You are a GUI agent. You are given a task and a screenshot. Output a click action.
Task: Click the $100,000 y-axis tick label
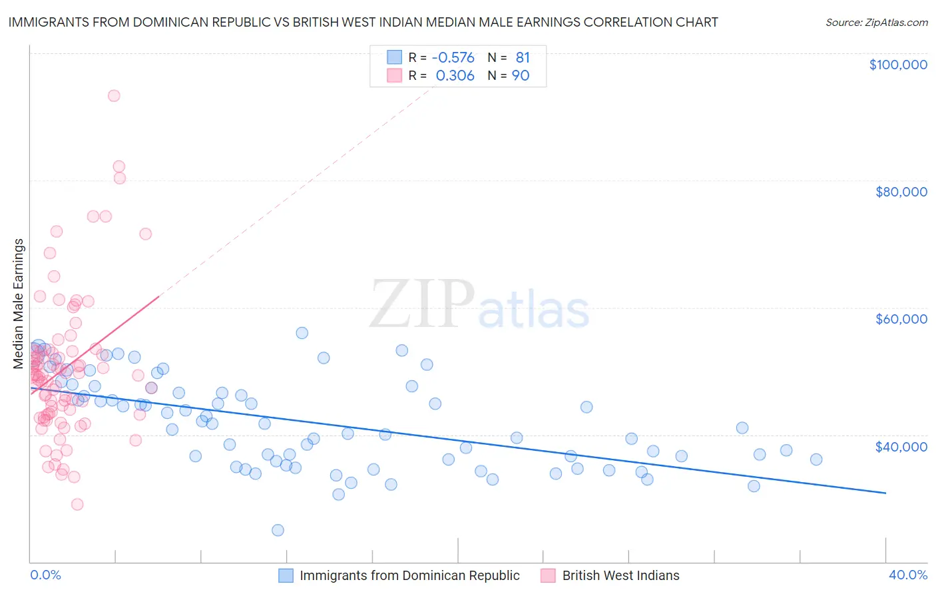point(897,65)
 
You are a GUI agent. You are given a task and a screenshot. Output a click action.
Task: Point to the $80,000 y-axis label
point(901,192)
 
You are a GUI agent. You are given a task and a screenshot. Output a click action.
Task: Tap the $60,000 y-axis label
point(901,319)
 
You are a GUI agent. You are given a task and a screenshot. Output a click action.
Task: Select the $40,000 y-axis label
point(901,446)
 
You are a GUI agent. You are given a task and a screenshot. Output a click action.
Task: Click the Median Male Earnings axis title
point(19,304)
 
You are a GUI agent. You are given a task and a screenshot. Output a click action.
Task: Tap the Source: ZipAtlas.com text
point(876,23)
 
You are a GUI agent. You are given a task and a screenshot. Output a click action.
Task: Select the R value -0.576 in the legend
point(453,58)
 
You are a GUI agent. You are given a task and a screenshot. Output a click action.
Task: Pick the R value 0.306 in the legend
point(455,76)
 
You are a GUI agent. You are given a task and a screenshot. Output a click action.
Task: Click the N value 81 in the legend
point(522,58)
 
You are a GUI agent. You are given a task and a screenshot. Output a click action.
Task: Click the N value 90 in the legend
point(520,76)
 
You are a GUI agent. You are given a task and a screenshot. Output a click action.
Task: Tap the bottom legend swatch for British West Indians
point(548,575)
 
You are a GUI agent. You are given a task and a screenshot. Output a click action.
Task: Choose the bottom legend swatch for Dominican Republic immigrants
point(286,575)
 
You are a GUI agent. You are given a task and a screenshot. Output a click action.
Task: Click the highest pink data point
point(114,96)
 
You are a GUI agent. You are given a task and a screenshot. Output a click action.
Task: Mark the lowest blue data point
point(278,530)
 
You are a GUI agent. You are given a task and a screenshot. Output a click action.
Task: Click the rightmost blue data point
point(816,459)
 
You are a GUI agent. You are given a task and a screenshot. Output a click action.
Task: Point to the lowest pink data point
point(77,504)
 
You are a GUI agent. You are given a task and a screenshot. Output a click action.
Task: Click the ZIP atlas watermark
point(479,305)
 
